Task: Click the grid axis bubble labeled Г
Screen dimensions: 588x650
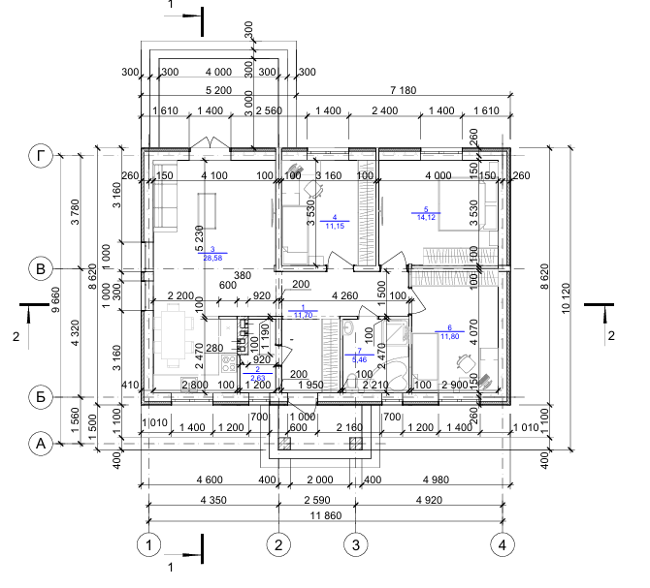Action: click(x=40, y=155)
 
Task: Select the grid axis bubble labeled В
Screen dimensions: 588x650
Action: click(x=40, y=268)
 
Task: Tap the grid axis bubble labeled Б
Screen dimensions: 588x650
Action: click(x=40, y=396)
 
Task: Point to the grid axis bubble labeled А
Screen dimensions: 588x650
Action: click(x=40, y=444)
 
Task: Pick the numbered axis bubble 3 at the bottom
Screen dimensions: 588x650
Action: click(x=356, y=545)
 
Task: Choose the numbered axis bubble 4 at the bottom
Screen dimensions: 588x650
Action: click(x=503, y=545)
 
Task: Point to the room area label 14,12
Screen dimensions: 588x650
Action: click(x=426, y=218)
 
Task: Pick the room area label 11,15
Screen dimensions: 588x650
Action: click(x=335, y=226)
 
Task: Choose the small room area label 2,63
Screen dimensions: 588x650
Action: click(x=258, y=378)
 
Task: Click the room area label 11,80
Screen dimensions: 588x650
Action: click(x=449, y=336)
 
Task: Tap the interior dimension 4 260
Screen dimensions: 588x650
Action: click(x=346, y=295)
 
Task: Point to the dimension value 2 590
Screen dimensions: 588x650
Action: click(x=316, y=500)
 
